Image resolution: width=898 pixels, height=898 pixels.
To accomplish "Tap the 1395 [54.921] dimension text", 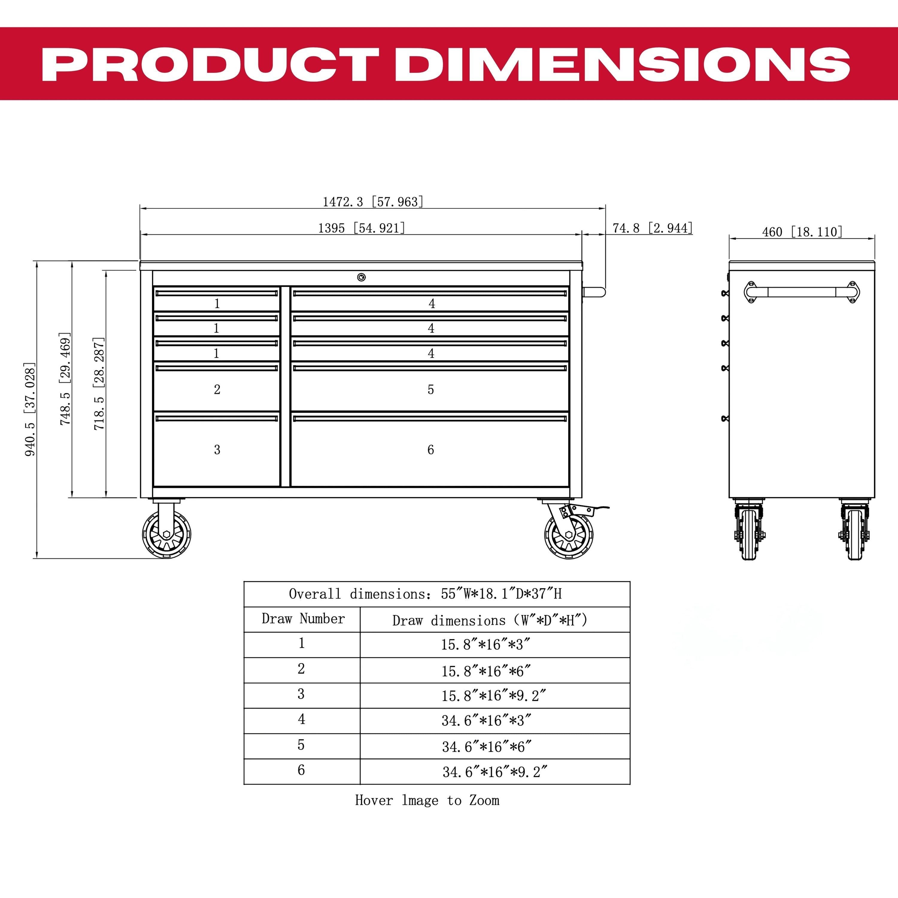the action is (362, 228).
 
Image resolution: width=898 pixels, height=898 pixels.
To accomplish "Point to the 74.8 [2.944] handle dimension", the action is (653, 228).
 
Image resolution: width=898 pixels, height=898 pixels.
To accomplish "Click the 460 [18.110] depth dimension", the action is (802, 231).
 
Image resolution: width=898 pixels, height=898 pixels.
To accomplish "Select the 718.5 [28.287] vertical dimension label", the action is (99, 383).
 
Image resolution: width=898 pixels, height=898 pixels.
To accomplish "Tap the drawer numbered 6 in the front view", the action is (430, 449).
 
